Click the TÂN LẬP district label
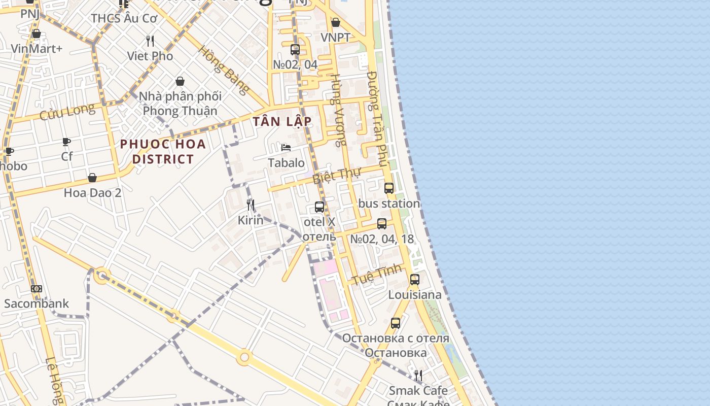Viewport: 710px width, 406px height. (282, 122)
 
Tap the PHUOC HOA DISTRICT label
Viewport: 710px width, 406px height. (163, 151)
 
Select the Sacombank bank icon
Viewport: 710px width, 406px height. (37, 289)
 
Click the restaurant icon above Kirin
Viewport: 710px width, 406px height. (251, 205)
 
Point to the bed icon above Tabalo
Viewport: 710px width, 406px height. (286, 148)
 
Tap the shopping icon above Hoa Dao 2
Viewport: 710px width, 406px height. (92, 178)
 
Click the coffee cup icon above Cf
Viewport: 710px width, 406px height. (66, 142)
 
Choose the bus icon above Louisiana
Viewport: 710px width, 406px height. (415, 280)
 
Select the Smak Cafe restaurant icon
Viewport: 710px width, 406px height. (418, 376)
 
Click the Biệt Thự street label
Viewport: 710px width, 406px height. (336, 176)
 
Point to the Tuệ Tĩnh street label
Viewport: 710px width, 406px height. (377, 274)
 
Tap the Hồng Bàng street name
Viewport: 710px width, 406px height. (224, 71)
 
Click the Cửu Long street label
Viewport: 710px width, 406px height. (67, 112)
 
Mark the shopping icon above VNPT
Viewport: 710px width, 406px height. (336, 22)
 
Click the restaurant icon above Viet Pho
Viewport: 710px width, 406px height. (150, 41)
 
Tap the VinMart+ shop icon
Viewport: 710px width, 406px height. (37, 33)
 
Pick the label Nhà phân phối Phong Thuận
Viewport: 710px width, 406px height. (180, 104)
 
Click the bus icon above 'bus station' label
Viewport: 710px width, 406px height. (389, 188)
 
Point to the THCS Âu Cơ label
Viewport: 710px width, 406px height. (124, 18)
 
